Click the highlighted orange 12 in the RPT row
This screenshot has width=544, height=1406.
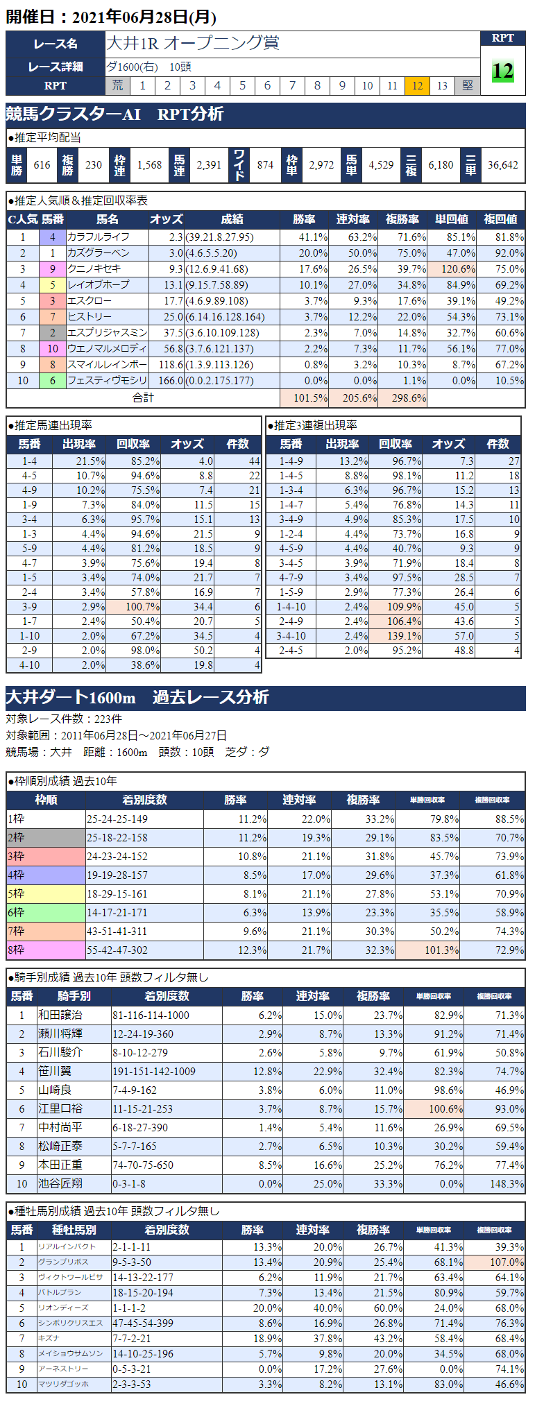coord(417,85)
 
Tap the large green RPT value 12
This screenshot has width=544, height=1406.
coord(502,71)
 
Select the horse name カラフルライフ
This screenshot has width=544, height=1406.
coord(99,237)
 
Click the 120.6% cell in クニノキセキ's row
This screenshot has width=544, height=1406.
coord(452,269)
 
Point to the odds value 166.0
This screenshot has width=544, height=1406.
coord(167,381)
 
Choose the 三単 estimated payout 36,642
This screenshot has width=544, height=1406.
coord(502,165)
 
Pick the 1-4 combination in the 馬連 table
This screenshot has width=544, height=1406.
coord(29,461)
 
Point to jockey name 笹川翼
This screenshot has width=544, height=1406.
coord(55,1072)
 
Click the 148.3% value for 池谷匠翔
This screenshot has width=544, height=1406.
coord(507,1184)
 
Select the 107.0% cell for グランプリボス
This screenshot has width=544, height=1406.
coord(507,1262)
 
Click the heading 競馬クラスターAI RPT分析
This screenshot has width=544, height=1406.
coord(114,114)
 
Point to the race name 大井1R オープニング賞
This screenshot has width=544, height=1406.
coord(192,43)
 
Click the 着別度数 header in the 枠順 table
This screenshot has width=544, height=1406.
coord(144,800)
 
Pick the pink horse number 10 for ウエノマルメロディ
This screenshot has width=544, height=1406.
coord(53,349)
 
